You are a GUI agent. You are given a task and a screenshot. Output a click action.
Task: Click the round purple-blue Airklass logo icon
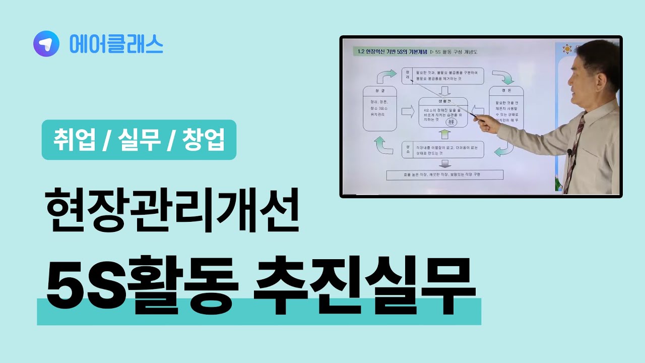[46, 44]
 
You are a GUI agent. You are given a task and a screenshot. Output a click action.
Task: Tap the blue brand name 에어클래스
[116, 44]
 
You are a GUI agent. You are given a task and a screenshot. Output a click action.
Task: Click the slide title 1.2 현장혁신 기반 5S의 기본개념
[392, 52]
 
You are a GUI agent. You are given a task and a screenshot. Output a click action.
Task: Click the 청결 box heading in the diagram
[380, 91]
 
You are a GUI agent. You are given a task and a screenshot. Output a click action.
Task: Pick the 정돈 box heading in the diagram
[506, 91]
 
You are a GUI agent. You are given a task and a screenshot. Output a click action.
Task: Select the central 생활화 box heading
[443, 102]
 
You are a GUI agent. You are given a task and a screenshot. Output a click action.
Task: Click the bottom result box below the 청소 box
[444, 175]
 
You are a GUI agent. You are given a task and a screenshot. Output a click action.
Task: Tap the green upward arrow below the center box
[444, 134]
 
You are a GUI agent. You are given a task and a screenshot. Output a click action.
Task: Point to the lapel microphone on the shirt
[570, 152]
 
